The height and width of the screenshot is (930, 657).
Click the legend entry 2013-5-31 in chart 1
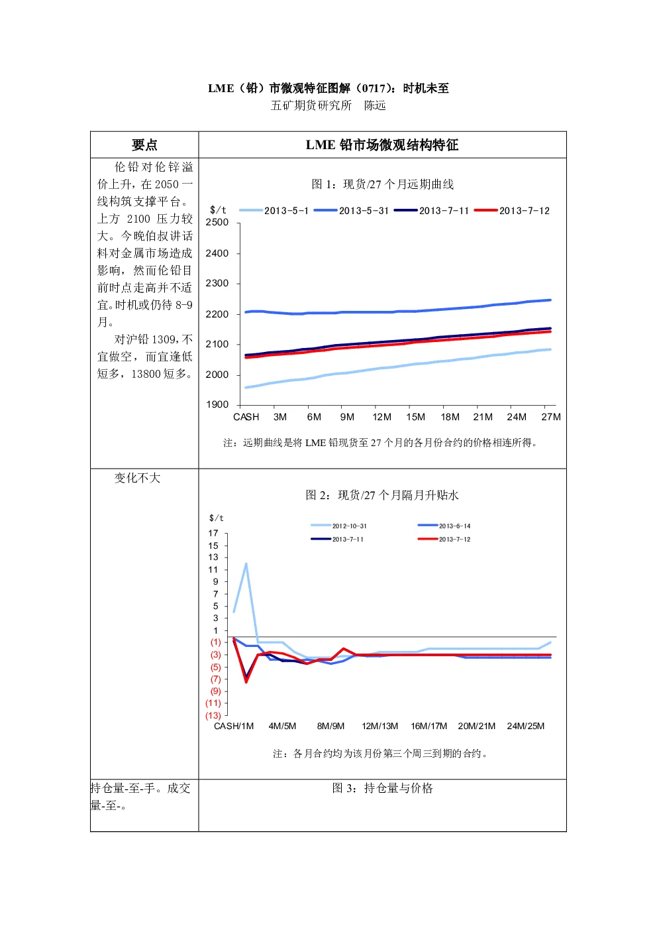click(x=351, y=211)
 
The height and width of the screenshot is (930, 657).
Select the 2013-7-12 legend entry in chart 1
click(x=512, y=211)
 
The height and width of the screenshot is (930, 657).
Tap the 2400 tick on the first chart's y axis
click(x=217, y=253)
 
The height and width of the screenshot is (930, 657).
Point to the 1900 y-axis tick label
click(x=217, y=405)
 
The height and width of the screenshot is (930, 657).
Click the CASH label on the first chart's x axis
click(x=246, y=417)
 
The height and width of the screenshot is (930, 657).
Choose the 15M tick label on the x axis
click(x=415, y=417)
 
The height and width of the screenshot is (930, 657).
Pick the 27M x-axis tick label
click(x=551, y=417)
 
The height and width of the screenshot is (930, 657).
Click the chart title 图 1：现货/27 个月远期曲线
click(x=382, y=184)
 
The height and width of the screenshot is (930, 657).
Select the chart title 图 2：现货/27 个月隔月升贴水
click(x=382, y=495)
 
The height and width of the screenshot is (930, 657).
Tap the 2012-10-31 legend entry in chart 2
click(x=339, y=526)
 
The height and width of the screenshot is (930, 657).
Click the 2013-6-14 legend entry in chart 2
click(x=444, y=526)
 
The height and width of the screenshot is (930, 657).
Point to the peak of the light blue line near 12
click(x=246, y=563)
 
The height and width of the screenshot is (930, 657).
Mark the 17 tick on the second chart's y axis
click(x=213, y=533)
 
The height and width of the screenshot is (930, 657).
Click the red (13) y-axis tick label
click(x=213, y=715)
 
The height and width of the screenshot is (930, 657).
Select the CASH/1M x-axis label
click(x=234, y=726)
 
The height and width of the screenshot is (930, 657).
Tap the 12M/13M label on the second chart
click(x=379, y=726)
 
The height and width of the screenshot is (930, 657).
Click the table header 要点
click(x=144, y=145)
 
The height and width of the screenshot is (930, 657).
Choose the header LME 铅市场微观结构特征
click(x=382, y=145)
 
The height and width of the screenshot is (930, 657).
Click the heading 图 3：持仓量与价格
click(x=382, y=787)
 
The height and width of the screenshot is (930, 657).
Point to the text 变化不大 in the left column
click(x=137, y=478)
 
